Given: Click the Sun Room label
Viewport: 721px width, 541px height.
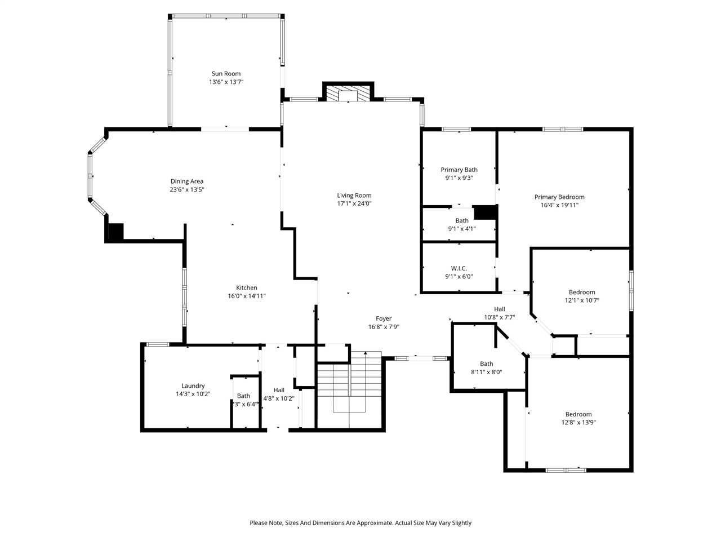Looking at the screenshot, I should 226,74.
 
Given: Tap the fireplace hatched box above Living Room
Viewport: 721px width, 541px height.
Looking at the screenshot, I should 348,94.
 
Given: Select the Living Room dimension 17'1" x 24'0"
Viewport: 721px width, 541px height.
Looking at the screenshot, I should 354,203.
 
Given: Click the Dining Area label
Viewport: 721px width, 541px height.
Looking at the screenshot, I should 186,181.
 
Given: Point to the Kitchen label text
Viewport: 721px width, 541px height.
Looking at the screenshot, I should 246,288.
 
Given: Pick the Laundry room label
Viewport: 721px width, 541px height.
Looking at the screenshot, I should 193,386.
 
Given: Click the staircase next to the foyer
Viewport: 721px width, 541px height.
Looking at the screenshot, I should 350,389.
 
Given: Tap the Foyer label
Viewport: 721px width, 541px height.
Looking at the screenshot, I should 384,319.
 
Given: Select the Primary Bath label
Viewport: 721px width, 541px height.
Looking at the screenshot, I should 459,170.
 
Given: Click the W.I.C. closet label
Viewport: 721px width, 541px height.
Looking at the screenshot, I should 459,268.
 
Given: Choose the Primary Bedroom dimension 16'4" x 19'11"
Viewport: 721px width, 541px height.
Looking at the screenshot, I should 559,205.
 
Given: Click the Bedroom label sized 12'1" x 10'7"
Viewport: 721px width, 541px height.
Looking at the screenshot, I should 581,292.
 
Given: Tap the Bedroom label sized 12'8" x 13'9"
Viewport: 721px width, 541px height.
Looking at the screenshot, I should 578,414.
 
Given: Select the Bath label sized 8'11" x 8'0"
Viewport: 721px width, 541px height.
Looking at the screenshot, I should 486,364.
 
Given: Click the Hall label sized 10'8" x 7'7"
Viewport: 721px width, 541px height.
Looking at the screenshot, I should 499,309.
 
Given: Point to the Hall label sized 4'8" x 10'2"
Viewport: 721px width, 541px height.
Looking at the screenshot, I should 279,390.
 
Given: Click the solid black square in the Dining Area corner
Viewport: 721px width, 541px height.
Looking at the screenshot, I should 115,233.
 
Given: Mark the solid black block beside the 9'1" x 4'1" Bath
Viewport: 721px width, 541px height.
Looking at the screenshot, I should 484,212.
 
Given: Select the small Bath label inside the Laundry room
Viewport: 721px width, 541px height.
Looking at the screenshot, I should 243,396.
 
